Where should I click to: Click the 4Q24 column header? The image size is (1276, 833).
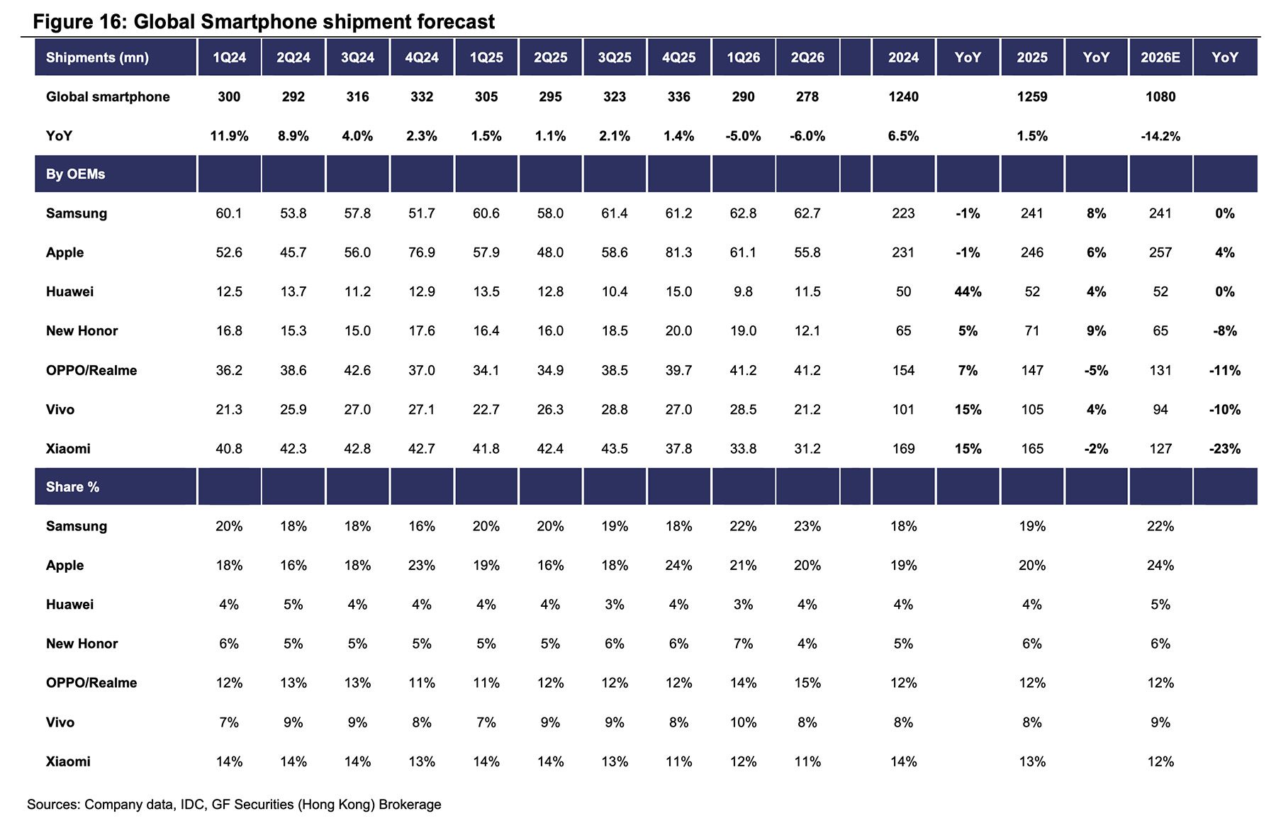point(422,57)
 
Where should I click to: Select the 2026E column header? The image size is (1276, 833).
point(1160,57)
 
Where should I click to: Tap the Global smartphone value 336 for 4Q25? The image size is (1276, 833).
point(678,96)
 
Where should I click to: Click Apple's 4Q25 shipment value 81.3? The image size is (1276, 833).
point(678,252)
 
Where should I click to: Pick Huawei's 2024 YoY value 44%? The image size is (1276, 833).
point(968,291)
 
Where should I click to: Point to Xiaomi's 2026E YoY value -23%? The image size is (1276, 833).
point(1224,448)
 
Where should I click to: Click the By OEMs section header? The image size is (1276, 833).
point(75,174)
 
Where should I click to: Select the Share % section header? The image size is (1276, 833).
point(72,487)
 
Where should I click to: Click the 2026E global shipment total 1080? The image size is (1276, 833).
point(1160,96)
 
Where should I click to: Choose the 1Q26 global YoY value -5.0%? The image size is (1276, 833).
point(743,135)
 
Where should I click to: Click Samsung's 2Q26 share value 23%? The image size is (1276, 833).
point(807,526)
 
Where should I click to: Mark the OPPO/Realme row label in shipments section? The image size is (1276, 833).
point(91,370)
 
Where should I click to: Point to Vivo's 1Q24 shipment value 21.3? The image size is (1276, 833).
point(229,409)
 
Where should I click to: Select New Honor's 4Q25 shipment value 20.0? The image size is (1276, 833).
point(678,330)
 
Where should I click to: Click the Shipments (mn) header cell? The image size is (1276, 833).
point(97,57)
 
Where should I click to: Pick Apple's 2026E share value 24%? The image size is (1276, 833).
point(1160,565)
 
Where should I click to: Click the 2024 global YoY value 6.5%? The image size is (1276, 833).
point(903,135)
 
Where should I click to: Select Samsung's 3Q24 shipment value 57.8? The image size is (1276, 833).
point(357,213)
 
